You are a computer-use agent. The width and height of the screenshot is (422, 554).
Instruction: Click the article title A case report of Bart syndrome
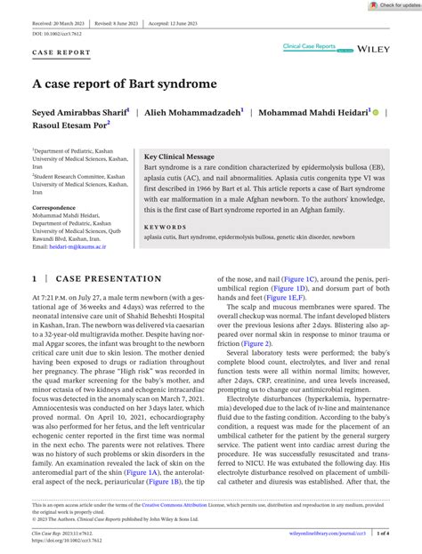125,84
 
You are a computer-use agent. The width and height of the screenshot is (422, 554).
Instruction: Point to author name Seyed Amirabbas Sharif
80,113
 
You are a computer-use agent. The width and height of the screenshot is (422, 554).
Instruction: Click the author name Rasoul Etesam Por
72,128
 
